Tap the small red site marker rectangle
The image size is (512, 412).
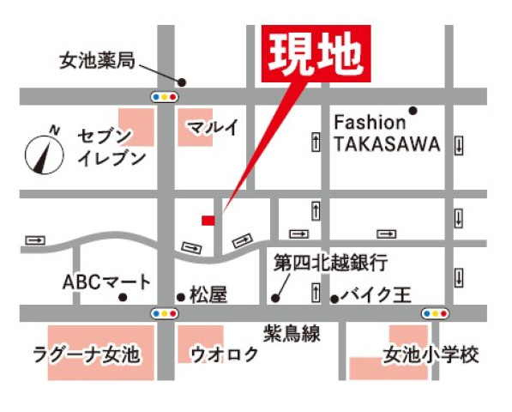(x=208, y=221)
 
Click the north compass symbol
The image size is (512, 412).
(x=44, y=153)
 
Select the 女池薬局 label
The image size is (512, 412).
(x=97, y=62)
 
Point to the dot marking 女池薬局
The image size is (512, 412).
(x=182, y=82)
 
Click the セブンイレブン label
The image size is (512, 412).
(x=111, y=148)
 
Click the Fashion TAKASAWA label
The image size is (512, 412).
(x=386, y=134)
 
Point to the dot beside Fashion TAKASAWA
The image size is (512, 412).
(x=413, y=110)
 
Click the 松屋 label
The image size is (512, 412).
(x=207, y=296)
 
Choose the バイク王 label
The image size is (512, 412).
(x=376, y=296)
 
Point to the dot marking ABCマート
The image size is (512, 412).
(x=123, y=298)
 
